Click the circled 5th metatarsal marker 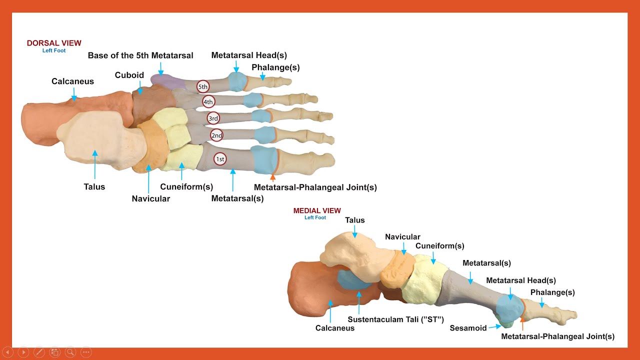pos(202,86)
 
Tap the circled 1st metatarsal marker pos(219,159)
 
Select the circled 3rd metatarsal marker pos(213,118)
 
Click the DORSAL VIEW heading pos(54,43)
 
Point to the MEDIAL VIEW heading pos(317,211)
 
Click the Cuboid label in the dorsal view pos(129,75)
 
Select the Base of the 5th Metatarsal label pos(140,55)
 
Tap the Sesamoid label pos(468,328)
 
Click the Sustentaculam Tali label pos(396,319)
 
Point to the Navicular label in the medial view pos(402,237)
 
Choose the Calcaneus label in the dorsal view pos(72,81)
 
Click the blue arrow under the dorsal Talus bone pos(94,164)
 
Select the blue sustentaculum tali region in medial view pos(353,280)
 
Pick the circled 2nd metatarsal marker pos(216,135)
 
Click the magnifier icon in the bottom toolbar pos(70,352)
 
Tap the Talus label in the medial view pos(355,220)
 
